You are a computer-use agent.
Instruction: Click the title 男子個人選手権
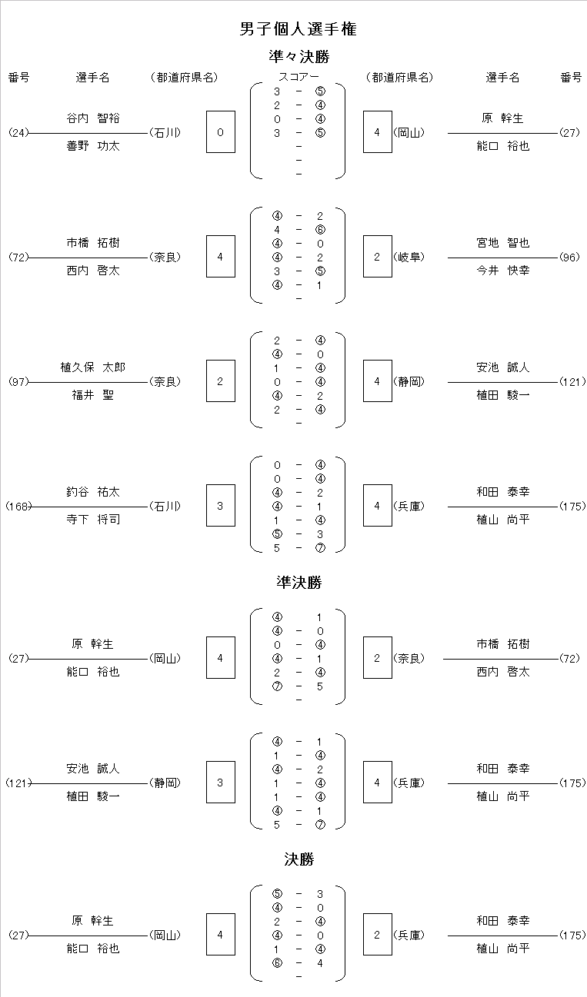[298, 29]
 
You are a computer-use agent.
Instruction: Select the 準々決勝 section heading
[299, 57]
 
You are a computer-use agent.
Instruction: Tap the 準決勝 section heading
[299, 582]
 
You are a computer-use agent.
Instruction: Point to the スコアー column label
[299, 77]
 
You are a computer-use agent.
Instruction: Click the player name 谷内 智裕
[93, 118]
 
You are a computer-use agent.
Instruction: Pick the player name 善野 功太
[93, 146]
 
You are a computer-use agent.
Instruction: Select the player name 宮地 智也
[503, 243]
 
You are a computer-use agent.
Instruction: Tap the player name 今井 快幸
[503, 271]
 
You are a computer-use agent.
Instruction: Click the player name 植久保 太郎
[93, 367]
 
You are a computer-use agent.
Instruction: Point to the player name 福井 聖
[93, 395]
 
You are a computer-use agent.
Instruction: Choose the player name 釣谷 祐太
[93, 492]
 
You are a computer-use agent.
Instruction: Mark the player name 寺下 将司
[93, 520]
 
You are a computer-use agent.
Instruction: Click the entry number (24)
[18, 133]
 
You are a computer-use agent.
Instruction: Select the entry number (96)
[569, 258]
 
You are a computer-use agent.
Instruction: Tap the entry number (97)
[18, 382]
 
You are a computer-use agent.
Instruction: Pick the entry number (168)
[18, 507]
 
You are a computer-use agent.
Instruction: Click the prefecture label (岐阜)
[409, 258]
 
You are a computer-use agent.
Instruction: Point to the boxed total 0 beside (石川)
[221, 132]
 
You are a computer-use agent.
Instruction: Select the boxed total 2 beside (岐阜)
[377, 257]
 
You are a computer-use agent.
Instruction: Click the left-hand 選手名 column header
[92, 78]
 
